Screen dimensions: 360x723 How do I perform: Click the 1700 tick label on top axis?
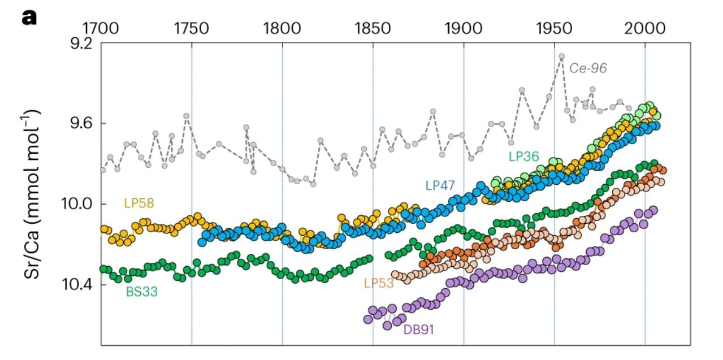(x=101, y=27)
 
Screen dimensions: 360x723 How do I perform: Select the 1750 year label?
(x=192, y=27)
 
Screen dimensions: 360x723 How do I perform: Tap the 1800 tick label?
(x=282, y=27)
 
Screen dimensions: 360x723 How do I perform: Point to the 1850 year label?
(x=373, y=27)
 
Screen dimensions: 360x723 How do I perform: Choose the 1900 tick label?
(x=464, y=27)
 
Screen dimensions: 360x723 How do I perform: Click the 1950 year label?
(x=554, y=27)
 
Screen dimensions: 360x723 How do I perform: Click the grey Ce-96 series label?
(x=588, y=68)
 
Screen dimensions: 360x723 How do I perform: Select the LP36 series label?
(x=523, y=157)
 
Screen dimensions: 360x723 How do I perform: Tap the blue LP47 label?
(x=440, y=184)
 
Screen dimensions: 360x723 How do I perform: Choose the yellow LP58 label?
(x=139, y=203)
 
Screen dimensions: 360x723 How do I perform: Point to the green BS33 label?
(x=142, y=292)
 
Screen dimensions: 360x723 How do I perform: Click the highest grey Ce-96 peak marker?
(x=561, y=57)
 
